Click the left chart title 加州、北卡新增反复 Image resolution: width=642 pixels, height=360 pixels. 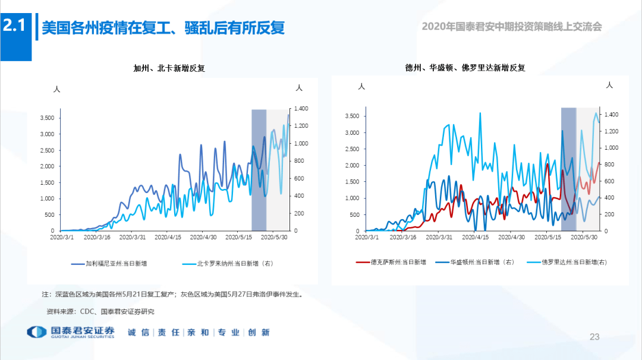[173, 69]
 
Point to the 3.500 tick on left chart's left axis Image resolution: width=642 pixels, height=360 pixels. [47, 118]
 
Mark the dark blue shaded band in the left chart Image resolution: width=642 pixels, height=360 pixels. [259, 170]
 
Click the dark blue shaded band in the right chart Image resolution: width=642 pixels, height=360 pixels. [568, 169]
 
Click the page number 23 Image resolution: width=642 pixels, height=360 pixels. [594, 337]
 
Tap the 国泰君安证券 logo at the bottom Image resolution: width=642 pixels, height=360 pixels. [71, 333]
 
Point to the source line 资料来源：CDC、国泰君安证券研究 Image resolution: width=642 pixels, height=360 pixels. [100, 311]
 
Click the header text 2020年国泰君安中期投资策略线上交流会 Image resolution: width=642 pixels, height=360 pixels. [511, 27]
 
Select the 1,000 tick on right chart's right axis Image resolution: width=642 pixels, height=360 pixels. [610, 147]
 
